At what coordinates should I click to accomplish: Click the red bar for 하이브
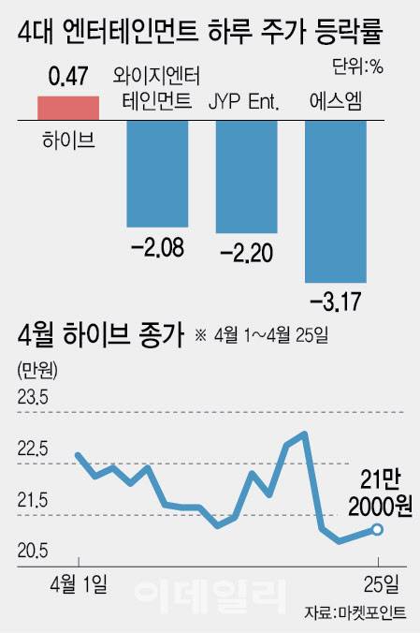coord(66,108)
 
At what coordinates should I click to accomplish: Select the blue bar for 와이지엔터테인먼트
coord(157,173)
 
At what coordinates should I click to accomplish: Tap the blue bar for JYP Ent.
coord(247,177)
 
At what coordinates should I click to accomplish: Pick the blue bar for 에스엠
coord(337,200)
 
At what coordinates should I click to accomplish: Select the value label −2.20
coord(247,253)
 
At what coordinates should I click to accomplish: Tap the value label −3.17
coord(337,302)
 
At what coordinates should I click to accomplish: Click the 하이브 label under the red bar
coord(66,140)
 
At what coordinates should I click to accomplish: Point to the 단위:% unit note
coord(357,66)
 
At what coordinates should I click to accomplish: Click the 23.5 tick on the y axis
coord(33,399)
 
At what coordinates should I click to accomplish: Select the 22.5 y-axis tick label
coord(33,450)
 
